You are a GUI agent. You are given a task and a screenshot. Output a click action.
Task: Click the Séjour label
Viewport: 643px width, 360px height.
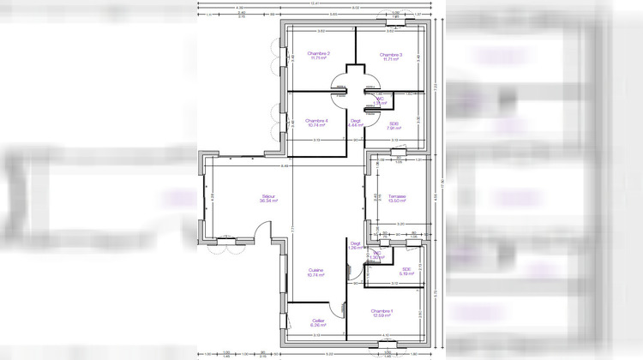[x=268, y=198]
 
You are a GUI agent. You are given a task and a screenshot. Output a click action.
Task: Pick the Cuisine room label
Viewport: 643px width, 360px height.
[x=315, y=272]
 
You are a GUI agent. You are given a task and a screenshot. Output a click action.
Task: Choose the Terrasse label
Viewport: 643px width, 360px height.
[x=396, y=196]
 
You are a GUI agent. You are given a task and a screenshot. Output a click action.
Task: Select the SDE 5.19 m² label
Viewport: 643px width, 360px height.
[x=406, y=270]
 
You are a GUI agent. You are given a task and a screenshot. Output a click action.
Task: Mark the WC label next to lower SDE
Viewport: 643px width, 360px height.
[x=377, y=255]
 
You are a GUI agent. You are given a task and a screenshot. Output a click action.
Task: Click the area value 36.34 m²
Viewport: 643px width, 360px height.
[x=268, y=202]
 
